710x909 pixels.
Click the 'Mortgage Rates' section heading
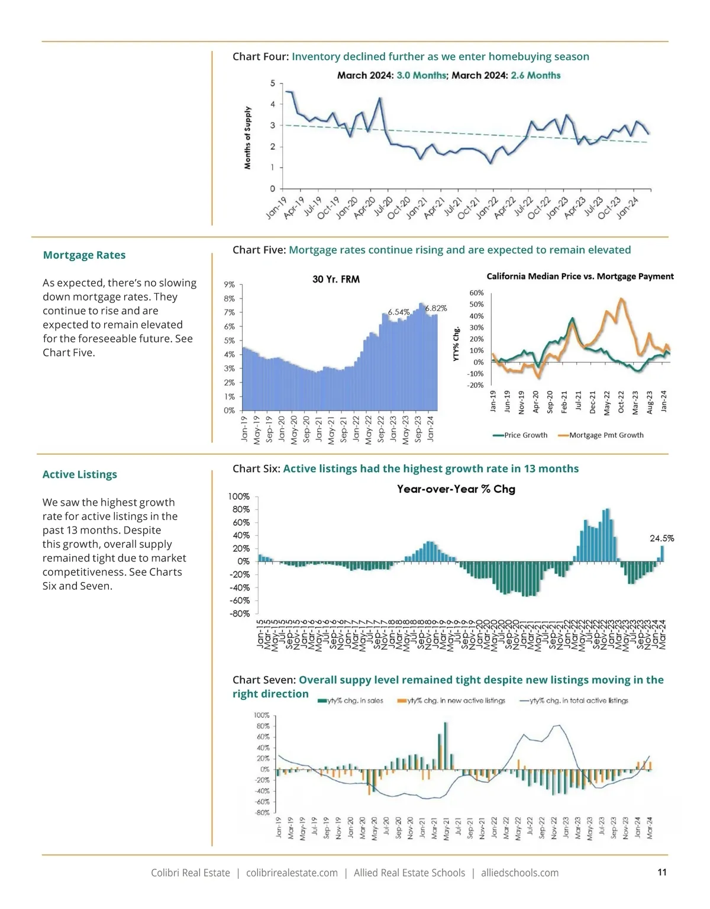point(84,255)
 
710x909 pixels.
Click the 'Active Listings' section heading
point(80,474)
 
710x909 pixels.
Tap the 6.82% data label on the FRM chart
point(436,308)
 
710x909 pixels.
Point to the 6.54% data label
point(399,311)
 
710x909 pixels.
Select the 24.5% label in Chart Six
point(661,538)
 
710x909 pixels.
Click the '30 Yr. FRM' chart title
point(336,279)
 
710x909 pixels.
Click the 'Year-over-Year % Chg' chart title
point(456,489)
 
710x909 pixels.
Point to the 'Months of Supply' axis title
point(248,138)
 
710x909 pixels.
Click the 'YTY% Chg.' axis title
point(457,344)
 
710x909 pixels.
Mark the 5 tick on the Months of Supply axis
point(273,83)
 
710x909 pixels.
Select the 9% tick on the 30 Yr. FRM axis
point(230,285)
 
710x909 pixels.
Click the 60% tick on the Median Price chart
point(476,293)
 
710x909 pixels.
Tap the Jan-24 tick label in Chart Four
point(627,208)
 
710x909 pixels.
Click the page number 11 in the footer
point(662,872)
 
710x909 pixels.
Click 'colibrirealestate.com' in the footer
point(292,873)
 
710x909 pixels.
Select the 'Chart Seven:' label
point(264,680)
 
